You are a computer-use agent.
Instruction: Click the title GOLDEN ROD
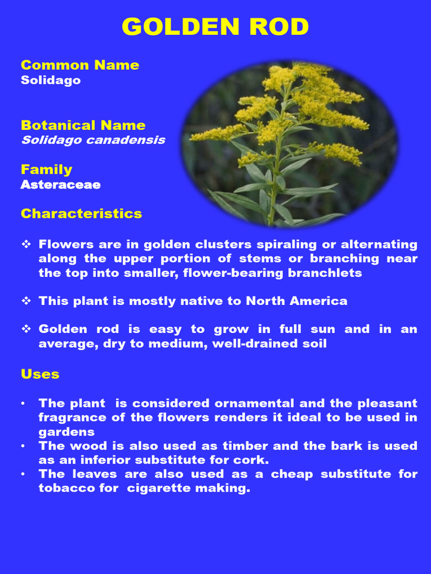tap(215, 27)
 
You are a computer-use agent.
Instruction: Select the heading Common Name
tap(80, 65)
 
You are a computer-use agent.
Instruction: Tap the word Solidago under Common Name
tap(51, 80)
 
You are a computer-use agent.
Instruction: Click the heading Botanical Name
tap(83, 125)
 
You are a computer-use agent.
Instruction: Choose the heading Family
tap(47, 169)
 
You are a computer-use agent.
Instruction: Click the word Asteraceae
tap(61, 184)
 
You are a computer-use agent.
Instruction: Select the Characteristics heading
tap(81, 214)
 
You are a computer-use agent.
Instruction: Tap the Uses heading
tap(40, 374)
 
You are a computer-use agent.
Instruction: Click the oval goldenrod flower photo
tap(290, 145)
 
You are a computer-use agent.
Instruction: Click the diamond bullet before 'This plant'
tap(26, 301)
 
